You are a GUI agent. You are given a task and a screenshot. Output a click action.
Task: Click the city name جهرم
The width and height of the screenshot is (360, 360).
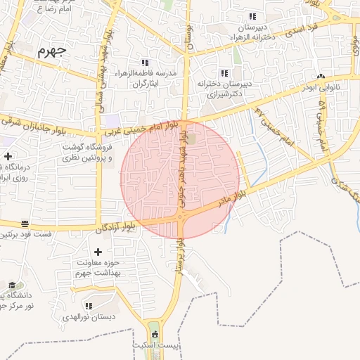51,51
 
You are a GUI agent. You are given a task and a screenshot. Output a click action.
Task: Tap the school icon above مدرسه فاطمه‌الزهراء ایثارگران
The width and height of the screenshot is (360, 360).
146,63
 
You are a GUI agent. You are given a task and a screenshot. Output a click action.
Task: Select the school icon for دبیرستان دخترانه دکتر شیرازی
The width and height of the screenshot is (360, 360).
224,73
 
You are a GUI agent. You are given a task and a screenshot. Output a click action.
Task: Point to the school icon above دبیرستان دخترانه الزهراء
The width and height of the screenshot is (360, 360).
252,17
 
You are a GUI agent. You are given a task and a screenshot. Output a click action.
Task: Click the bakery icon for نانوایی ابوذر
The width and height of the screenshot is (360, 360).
321,76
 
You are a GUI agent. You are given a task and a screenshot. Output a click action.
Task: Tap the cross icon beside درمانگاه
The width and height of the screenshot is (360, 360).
8,156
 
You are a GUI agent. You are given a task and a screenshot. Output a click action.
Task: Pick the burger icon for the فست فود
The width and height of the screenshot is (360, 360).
25,223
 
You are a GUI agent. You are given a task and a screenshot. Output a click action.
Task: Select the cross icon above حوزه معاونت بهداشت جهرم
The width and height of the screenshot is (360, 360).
98,252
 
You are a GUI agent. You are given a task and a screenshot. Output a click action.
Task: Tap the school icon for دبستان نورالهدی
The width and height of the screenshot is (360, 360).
89,306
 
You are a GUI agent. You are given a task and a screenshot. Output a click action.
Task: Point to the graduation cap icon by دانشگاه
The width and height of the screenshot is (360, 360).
12,285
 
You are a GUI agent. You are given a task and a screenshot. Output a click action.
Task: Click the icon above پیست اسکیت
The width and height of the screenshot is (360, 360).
155,335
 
